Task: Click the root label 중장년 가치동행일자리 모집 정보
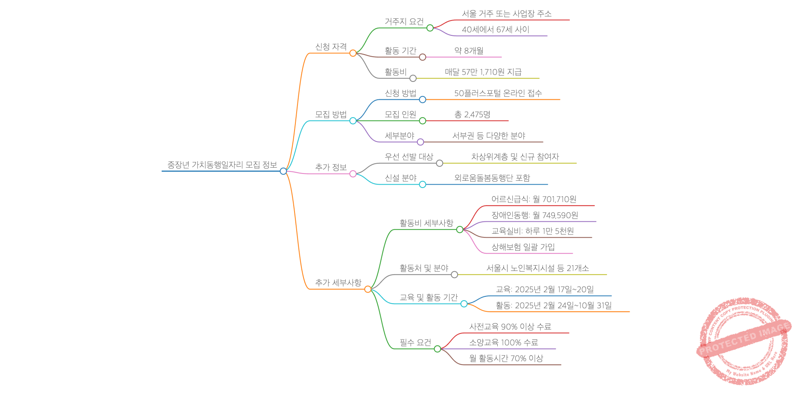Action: [x=222, y=165]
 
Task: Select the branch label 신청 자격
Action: [x=331, y=47]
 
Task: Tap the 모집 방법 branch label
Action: [x=331, y=115]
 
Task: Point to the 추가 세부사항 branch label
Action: [x=338, y=283]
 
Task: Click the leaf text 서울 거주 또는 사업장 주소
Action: [x=507, y=14]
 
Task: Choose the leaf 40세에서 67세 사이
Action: [x=495, y=30]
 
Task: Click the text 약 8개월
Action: [x=469, y=51]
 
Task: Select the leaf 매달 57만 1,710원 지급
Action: [x=483, y=72]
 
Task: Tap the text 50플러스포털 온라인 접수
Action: [x=498, y=93]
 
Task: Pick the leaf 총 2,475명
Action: [x=472, y=115]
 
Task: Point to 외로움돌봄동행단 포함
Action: [x=492, y=178]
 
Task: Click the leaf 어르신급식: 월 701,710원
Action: [x=534, y=199]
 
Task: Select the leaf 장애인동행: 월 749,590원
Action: [x=534, y=215]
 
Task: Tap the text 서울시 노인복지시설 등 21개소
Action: [x=537, y=268]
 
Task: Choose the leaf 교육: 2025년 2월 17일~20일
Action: [x=544, y=290]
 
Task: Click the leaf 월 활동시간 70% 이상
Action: [x=506, y=359]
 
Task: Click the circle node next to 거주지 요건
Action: [x=430, y=28]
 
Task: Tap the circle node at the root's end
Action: [x=283, y=171]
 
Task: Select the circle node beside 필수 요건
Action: [x=437, y=349]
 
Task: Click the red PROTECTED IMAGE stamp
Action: [x=744, y=341]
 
